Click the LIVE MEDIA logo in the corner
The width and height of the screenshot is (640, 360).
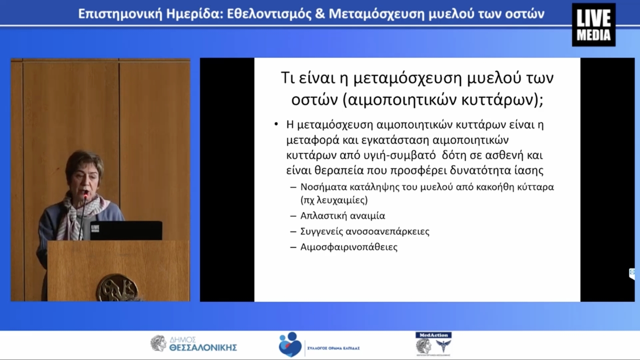click(593, 24)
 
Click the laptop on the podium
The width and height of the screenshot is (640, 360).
click(125, 230)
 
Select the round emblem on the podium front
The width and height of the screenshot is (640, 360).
click(117, 287)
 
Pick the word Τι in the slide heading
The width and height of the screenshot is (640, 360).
click(286, 78)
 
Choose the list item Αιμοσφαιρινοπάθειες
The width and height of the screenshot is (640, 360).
click(349, 247)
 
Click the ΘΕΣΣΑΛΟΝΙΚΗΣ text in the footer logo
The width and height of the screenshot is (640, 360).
click(203, 347)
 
